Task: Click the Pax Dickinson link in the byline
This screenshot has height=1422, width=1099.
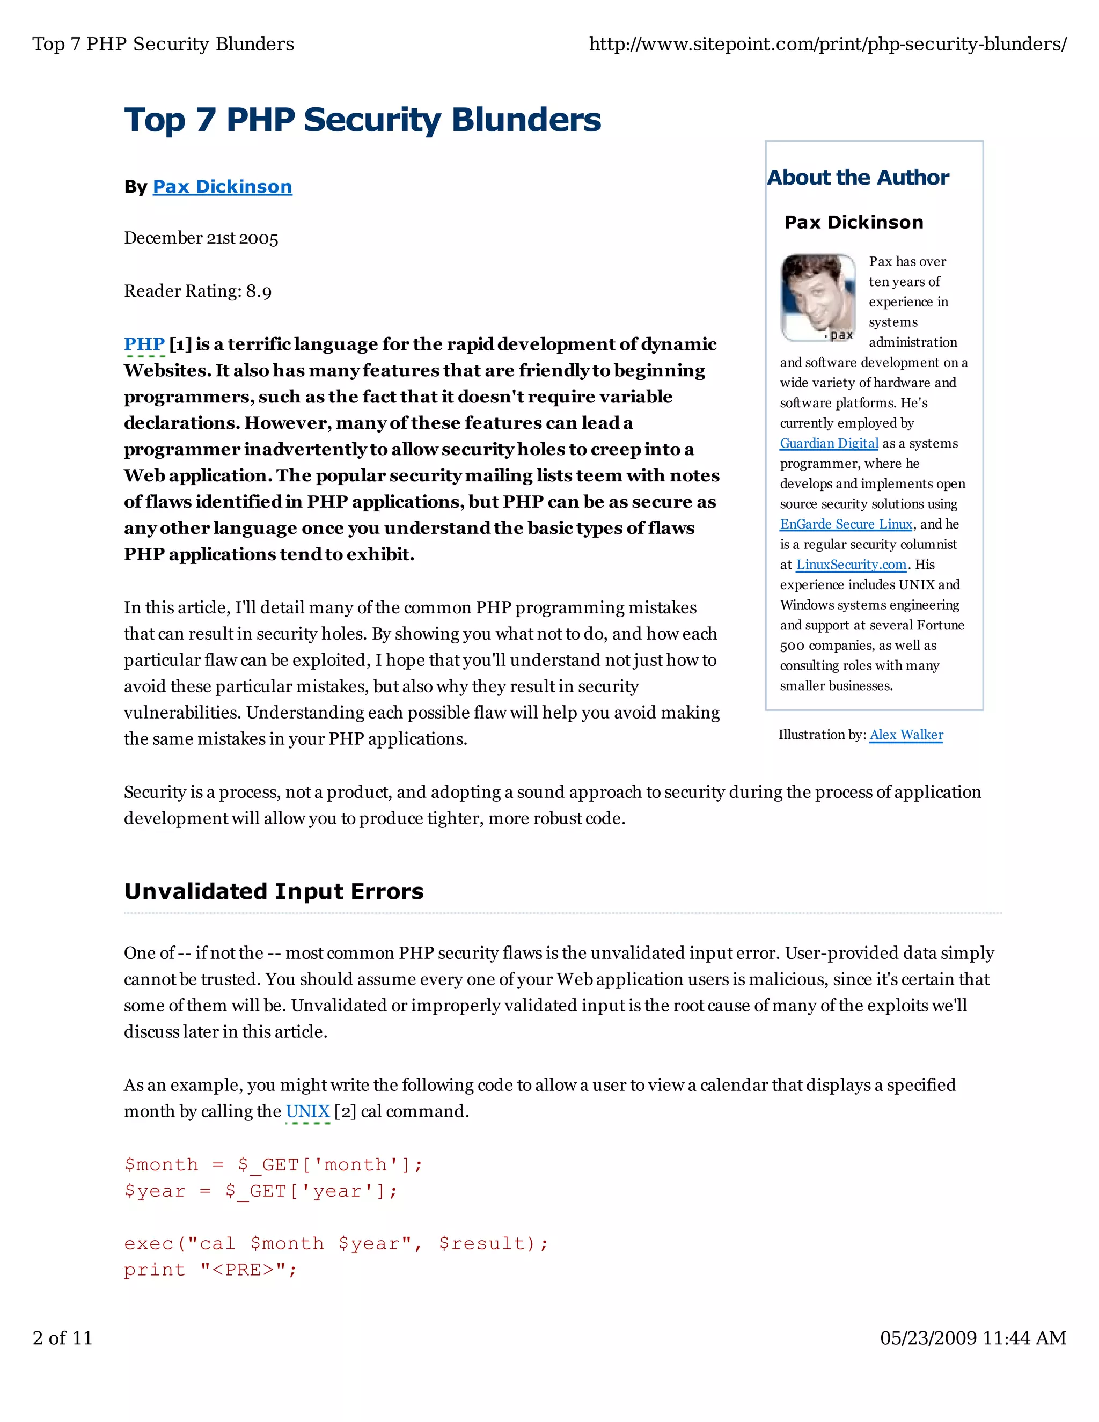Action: (x=222, y=187)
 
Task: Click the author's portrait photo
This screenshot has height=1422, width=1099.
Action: (x=818, y=298)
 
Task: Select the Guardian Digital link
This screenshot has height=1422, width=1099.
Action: (x=829, y=443)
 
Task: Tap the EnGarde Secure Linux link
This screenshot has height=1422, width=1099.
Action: (x=846, y=524)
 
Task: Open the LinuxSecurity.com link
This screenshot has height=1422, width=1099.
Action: (x=851, y=565)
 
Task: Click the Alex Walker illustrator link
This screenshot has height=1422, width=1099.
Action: (x=906, y=735)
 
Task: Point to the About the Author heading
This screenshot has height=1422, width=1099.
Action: (x=858, y=177)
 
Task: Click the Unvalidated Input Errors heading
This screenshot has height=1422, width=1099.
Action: (x=274, y=891)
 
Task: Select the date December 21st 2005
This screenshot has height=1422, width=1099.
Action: (x=201, y=238)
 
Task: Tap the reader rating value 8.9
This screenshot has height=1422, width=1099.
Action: (x=259, y=291)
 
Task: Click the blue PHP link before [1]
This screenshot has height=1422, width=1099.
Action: (x=144, y=344)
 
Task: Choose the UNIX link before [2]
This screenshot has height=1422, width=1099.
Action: (x=307, y=1111)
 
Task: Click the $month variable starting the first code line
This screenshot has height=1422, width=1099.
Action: (x=161, y=1164)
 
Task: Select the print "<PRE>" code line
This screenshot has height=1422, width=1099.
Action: (x=210, y=1270)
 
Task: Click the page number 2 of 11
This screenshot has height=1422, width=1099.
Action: (x=62, y=1338)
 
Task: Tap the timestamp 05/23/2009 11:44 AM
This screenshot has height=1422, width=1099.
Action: (x=973, y=1338)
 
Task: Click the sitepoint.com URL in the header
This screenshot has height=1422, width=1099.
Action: (x=827, y=45)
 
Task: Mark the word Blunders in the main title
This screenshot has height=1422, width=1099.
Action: (x=525, y=120)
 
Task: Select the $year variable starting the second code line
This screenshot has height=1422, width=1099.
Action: (x=155, y=1191)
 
